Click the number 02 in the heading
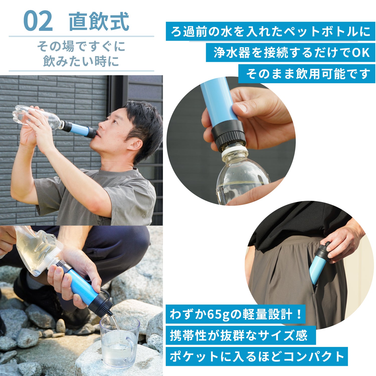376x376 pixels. tap(38, 21)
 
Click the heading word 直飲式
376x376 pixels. tap(99, 21)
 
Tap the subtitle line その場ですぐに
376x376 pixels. tap(81, 46)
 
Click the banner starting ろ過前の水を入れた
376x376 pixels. tap(270, 32)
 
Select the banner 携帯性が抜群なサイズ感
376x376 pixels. tap(239, 335)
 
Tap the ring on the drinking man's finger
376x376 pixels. tap(40, 124)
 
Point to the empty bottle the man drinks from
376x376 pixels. tap(38, 117)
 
